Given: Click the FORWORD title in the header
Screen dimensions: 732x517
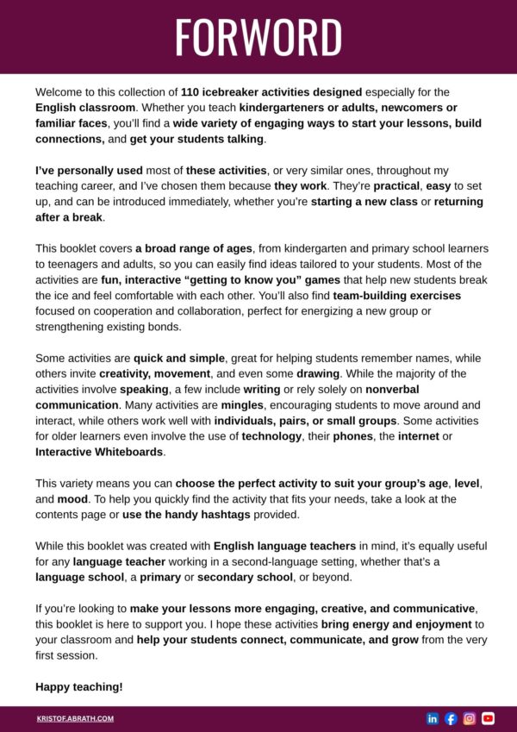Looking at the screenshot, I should click(x=258, y=37).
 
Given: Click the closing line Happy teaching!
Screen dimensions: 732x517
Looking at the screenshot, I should click(x=79, y=687).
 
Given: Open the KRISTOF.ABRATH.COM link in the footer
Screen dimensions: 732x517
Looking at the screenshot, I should click(x=76, y=718).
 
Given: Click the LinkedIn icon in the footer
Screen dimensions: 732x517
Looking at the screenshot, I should click(x=433, y=718).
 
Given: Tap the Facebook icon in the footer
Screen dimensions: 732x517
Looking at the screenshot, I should click(x=451, y=718).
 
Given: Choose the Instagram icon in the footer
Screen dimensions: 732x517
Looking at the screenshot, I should click(x=470, y=718).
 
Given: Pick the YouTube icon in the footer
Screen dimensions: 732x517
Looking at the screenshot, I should click(x=488, y=718).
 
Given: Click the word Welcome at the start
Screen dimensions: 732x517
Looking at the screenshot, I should click(x=63, y=91).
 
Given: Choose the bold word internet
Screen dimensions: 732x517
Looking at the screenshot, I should click(x=410, y=436).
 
